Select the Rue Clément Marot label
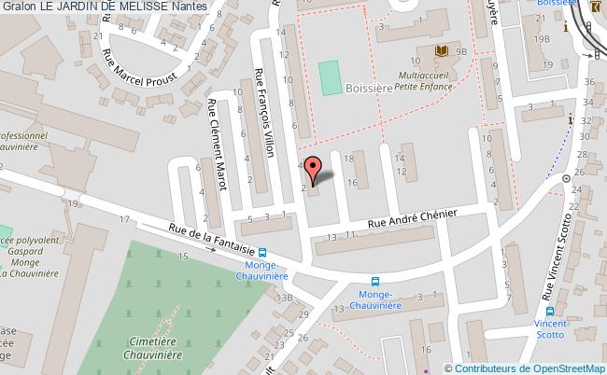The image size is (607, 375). [218, 145]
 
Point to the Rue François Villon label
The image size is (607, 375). [264, 114]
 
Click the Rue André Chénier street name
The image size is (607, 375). [411, 217]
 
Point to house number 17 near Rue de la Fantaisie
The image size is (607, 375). [123, 217]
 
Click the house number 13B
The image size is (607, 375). [283, 297]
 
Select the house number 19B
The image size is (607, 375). [541, 39]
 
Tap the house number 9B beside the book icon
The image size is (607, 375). [461, 53]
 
